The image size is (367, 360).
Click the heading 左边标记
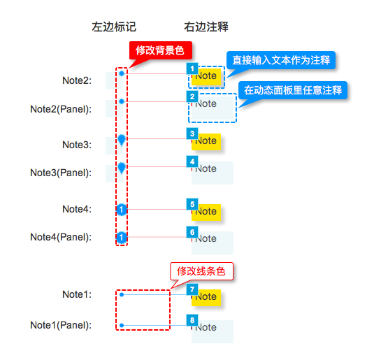(x=114, y=27)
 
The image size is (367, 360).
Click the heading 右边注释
(x=206, y=27)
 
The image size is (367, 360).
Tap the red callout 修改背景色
(x=161, y=50)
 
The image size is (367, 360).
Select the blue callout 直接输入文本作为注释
(x=281, y=60)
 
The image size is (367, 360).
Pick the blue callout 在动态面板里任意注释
(x=293, y=90)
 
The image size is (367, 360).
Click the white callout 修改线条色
(x=201, y=271)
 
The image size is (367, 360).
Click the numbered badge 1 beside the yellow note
(x=192, y=69)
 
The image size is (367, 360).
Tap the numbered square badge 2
(x=192, y=96)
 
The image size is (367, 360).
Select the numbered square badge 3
(x=192, y=134)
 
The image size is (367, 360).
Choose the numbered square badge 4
(x=192, y=161)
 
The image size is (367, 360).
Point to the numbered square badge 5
(x=192, y=204)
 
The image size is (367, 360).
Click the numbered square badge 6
(x=192, y=232)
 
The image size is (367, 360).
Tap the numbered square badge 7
(x=192, y=289)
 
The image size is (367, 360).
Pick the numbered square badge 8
(x=192, y=320)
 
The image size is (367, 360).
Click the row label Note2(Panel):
(x=61, y=109)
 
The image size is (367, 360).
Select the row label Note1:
(x=77, y=294)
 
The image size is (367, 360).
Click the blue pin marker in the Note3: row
(x=122, y=140)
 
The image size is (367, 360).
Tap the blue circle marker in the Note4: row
(x=121, y=210)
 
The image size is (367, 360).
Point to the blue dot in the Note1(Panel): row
(x=122, y=325)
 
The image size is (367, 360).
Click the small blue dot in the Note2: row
(x=122, y=73)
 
